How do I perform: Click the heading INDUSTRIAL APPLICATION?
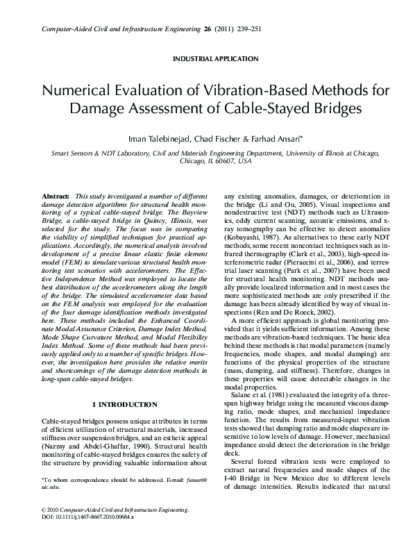pyautogui.click(x=206, y=59)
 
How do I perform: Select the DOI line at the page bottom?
pyautogui.click(x=88, y=517)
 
